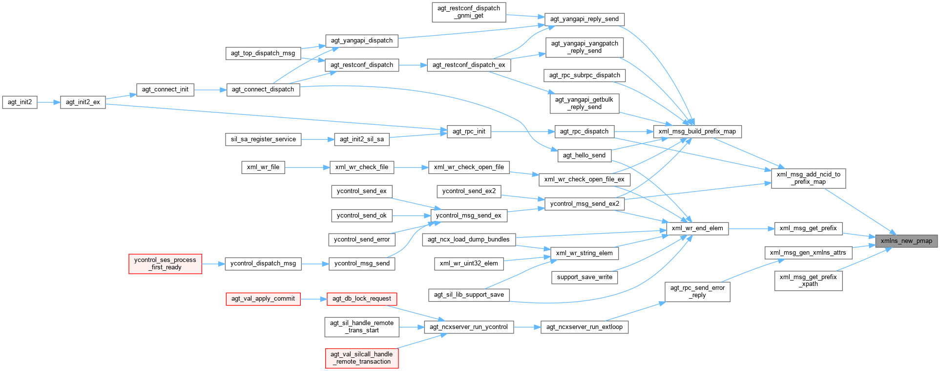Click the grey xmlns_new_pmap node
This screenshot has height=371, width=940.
pos(906,241)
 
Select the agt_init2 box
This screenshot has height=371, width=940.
pos(20,102)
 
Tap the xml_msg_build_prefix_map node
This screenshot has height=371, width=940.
pos(697,131)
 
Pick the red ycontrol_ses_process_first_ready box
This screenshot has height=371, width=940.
pos(165,263)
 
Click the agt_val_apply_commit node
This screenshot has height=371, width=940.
pos(263,299)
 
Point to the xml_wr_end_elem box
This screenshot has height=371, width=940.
pos(697,228)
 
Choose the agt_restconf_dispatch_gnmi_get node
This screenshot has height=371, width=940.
pos(468,12)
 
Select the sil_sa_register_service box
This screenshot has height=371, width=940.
pos(263,139)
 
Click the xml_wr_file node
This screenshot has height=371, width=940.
pos(263,167)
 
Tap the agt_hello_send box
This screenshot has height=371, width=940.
pos(584,155)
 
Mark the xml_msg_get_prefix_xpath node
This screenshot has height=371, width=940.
pos(808,281)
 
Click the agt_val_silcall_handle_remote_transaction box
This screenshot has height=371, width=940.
pos(361,358)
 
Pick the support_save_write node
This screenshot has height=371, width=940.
pos(584,277)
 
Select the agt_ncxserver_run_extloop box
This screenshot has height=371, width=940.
pos(584,327)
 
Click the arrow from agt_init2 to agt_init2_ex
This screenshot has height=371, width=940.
pos(48,102)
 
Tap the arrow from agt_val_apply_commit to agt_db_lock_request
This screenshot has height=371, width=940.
pos(313,299)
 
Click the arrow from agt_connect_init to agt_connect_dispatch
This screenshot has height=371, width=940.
pos(210,90)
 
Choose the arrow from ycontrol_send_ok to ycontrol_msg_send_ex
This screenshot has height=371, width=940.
pos(411,216)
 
